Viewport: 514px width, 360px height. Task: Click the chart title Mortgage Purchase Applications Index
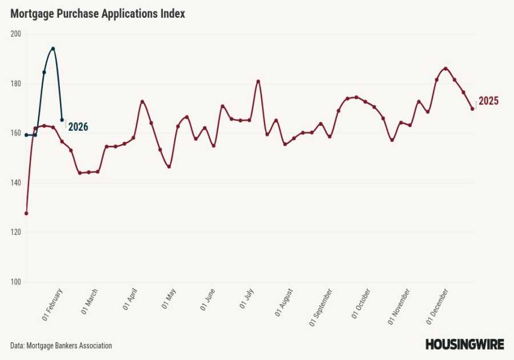click(x=98, y=14)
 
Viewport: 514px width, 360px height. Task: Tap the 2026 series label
click(x=78, y=127)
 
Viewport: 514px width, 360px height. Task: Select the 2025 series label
click(x=488, y=101)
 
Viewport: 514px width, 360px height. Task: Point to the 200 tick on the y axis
click(x=15, y=34)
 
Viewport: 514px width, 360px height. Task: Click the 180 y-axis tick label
click(x=15, y=83)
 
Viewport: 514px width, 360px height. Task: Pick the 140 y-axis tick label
click(x=15, y=183)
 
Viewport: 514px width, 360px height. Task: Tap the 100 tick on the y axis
click(x=15, y=282)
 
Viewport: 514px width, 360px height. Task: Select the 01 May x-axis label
click(x=169, y=299)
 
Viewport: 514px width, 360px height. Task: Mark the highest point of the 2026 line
click(x=53, y=49)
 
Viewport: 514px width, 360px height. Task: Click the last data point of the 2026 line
click(x=62, y=119)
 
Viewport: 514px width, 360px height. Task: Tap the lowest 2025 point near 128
click(x=26, y=213)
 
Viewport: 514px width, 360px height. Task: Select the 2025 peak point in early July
click(x=258, y=81)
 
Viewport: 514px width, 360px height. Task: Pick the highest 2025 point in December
click(x=445, y=69)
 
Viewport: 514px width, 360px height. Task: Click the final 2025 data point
click(x=472, y=109)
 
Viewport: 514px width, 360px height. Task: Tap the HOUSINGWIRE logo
click(x=464, y=345)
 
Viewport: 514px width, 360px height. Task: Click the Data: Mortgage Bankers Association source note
click(x=61, y=346)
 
